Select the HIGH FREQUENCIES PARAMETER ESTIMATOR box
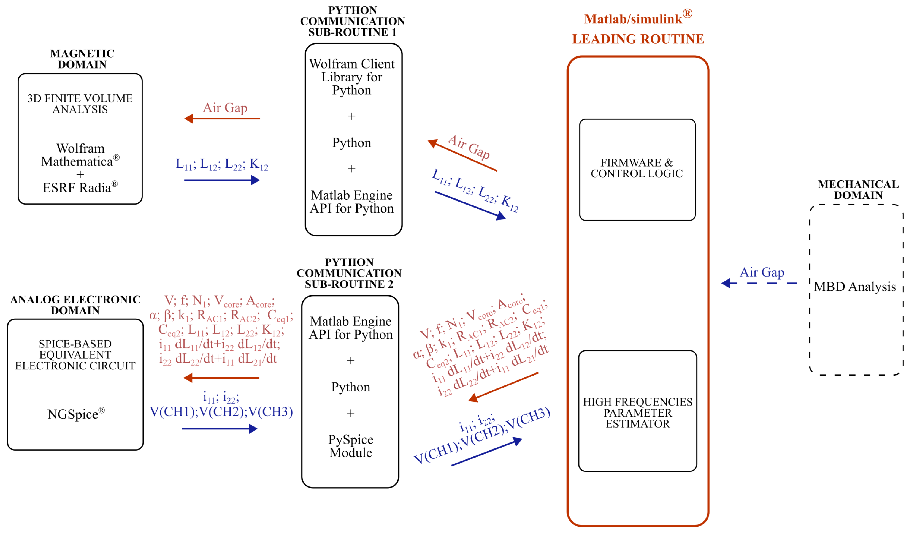tap(637, 412)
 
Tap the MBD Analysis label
tap(854, 287)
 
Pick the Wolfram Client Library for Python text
tap(351, 77)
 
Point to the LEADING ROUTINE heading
tap(638, 39)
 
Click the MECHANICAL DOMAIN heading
tap(858, 190)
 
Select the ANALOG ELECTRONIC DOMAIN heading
tap(75, 305)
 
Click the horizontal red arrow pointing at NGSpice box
tap(221, 378)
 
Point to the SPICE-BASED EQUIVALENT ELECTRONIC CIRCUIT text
tap(75, 355)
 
